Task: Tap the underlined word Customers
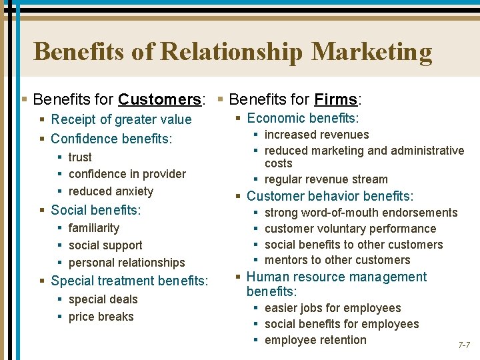(x=159, y=100)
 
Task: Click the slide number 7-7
(x=464, y=345)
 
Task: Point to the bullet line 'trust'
(x=80, y=157)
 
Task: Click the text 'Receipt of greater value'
(x=121, y=120)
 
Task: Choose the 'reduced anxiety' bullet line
(x=111, y=191)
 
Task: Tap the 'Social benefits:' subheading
(x=95, y=210)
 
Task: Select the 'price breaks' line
(x=101, y=317)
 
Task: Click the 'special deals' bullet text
(x=103, y=299)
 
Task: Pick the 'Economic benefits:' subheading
(x=303, y=119)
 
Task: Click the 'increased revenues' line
(x=317, y=135)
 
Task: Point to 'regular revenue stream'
(x=326, y=179)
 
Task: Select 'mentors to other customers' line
(x=337, y=260)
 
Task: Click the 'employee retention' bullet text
(x=315, y=340)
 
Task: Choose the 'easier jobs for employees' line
(x=333, y=308)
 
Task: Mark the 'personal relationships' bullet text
(x=127, y=263)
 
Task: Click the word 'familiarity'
(x=94, y=228)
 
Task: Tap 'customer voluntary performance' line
(x=350, y=229)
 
